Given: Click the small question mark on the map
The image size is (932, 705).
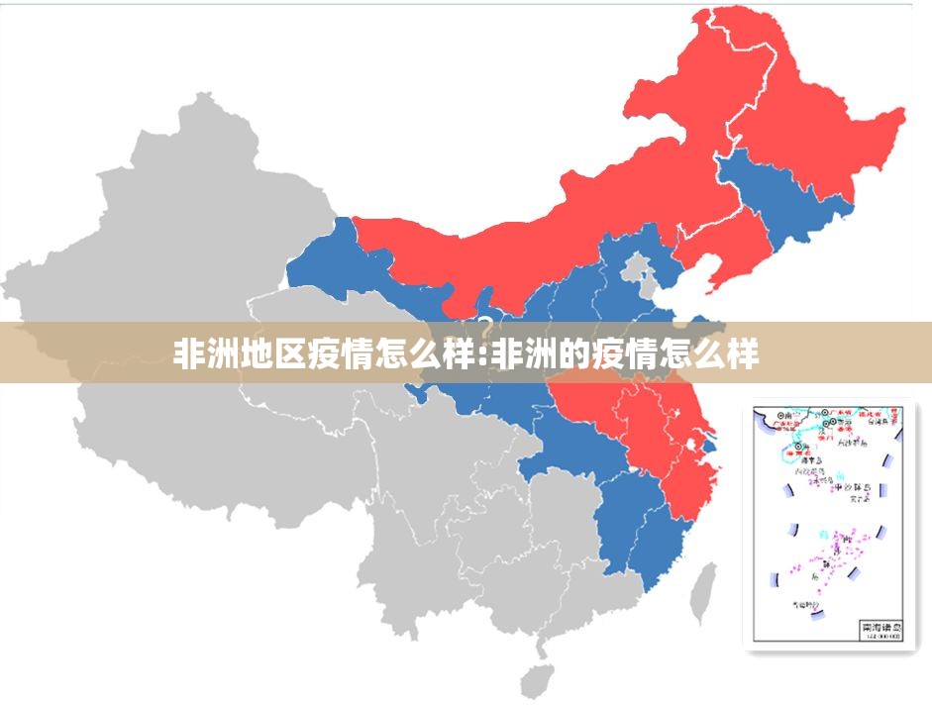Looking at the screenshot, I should click(486, 324).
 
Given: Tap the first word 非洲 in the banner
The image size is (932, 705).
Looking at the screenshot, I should click(203, 353).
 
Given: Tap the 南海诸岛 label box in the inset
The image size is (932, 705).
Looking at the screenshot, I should click(880, 629).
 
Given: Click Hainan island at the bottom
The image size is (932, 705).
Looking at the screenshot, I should click(539, 678).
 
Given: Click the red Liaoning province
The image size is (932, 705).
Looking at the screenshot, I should click(723, 248).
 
